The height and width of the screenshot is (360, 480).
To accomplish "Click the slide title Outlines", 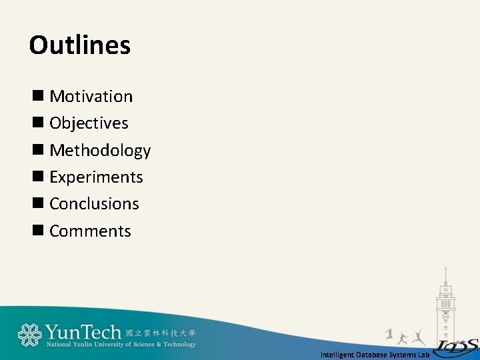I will click(80, 45).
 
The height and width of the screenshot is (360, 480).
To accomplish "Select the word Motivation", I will click(91, 97).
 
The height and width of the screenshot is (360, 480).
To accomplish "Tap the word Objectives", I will click(89, 123).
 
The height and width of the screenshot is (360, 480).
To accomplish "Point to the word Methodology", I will click(100, 151).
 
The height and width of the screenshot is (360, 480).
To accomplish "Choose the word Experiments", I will click(96, 177).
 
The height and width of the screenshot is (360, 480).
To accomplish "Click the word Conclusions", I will click(94, 204).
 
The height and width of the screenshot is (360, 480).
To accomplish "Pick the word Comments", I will click(90, 231).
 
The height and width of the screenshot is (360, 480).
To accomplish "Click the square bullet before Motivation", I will click(37, 96).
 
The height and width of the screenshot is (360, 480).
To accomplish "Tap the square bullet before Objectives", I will click(37, 123).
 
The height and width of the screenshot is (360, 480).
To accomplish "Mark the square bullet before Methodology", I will click(37, 150).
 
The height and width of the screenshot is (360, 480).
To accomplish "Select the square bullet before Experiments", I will click(37, 177).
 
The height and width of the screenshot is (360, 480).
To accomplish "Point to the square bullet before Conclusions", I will click(37, 203).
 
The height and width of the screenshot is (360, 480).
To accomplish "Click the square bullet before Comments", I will click(37, 231).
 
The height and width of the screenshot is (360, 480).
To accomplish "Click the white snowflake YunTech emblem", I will click(30, 335).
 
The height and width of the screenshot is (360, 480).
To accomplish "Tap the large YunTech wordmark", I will click(83, 332).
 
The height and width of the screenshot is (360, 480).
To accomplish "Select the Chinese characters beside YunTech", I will click(161, 333).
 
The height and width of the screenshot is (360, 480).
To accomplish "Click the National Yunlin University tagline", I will click(121, 345).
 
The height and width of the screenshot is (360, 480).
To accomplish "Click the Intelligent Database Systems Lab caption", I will click(375, 355).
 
